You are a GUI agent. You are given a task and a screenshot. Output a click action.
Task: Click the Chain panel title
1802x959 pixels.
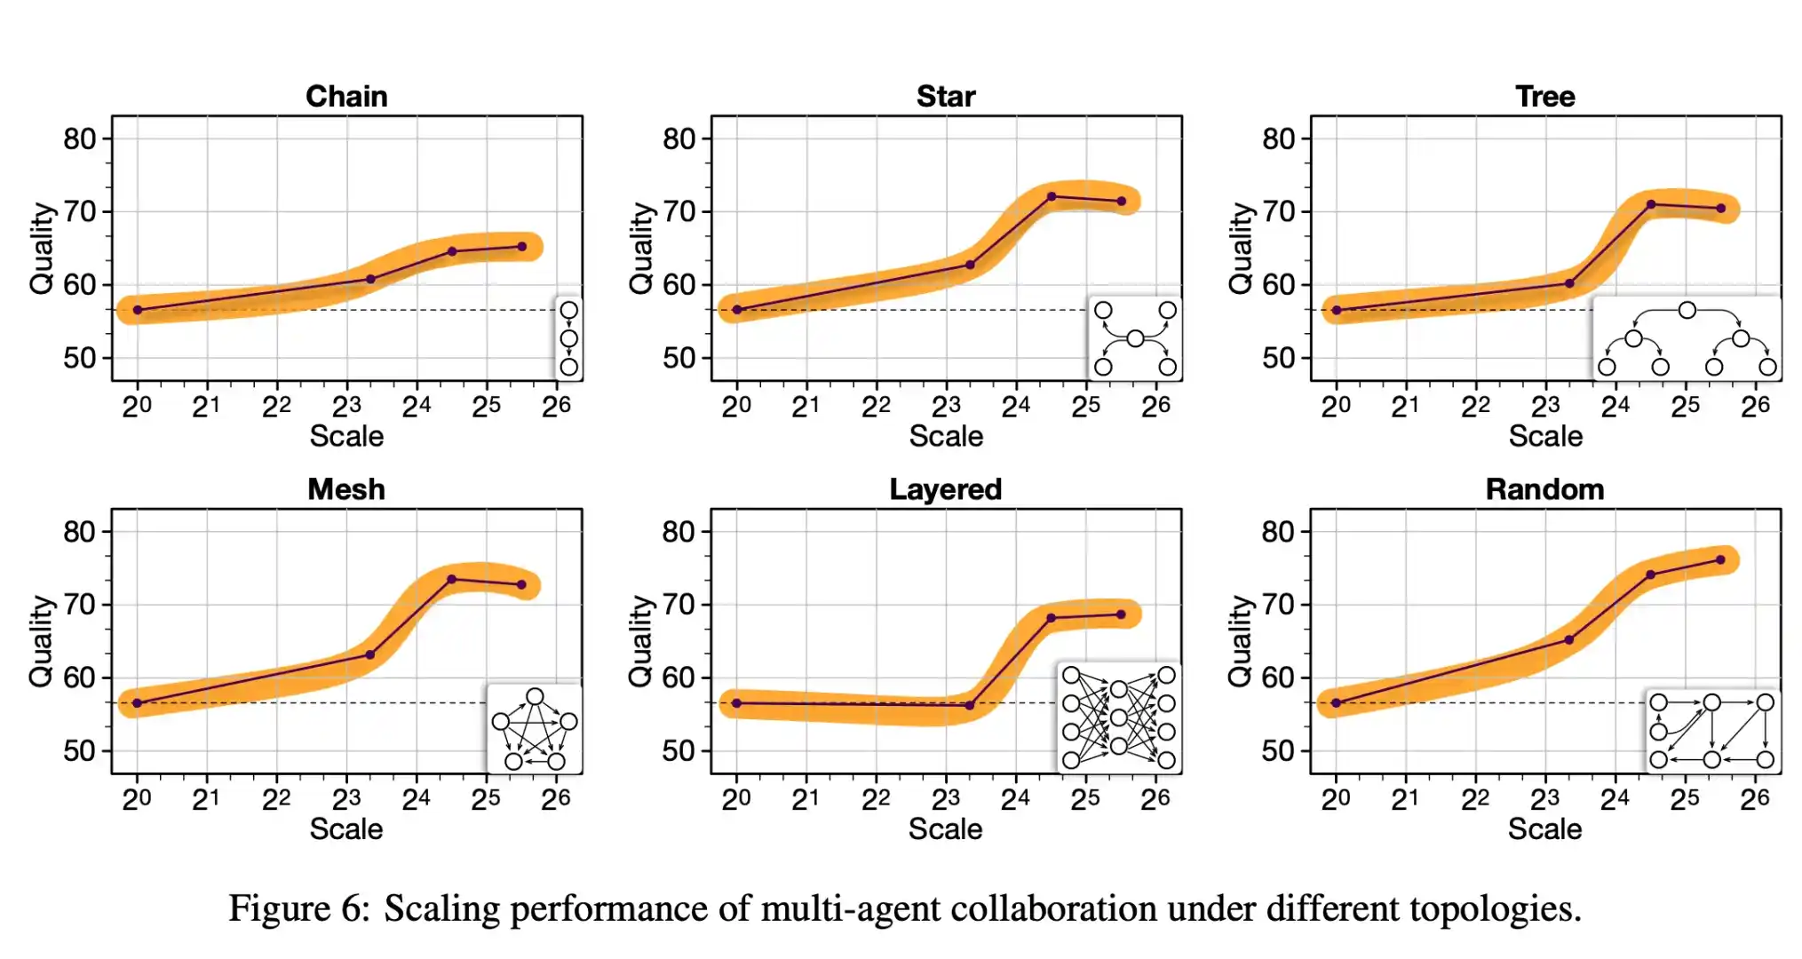pyautogui.click(x=346, y=96)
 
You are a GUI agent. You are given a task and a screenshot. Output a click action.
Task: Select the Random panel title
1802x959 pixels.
pyautogui.click(x=1544, y=489)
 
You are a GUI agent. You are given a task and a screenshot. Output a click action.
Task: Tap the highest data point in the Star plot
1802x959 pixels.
pyautogui.click(x=1052, y=196)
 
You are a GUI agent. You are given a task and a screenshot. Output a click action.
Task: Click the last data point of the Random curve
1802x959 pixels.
pyautogui.click(x=1720, y=559)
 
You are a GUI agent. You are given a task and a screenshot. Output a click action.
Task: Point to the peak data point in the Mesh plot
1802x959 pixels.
pyautogui.click(x=451, y=579)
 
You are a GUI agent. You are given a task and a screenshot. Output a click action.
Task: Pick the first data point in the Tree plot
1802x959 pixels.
pyautogui.click(x=1336, y=310)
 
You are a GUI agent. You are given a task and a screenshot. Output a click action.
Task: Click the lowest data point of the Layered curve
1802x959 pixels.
pyautogui.click(x=969, y=706)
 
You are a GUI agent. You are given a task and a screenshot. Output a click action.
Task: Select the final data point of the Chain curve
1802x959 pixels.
pyautogui.click(x=521, y=246)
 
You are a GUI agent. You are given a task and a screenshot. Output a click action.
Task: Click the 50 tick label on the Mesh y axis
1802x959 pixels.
pyautogui.click(x=79, y=751)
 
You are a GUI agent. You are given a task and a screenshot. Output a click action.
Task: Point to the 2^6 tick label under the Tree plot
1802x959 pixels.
pyautogui.click(x=1755, y=407)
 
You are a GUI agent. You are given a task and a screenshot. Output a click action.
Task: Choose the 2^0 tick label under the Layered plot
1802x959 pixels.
pyautogui.click(x=735, y=799)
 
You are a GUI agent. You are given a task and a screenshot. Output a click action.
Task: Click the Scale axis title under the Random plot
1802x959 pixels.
pyautogui.click(x=1544, y=829)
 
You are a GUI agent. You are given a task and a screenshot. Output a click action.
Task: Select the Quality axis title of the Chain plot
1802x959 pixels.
pyautogui.click(x=41, y=248)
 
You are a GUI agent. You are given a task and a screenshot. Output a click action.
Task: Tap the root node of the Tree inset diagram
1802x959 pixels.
pyautogui.click(x=1687, y=310)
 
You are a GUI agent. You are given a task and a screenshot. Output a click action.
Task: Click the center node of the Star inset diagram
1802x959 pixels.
pyautogui.click(x=1135, y=338)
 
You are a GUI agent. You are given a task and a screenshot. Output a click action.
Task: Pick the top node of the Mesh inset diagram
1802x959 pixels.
pyautogui.click(x=535, y=696)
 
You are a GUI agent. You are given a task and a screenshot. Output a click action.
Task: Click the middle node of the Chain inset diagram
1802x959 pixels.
pyautogui.click(x=569, y=338)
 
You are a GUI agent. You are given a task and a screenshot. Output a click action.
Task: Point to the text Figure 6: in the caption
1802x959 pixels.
pyautogui.click(x=298, y=908)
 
